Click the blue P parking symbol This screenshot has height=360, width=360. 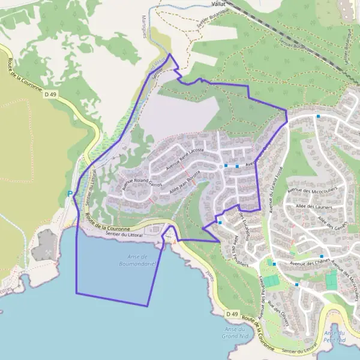coord(70,194)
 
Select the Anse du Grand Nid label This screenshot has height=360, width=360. coord(233,332)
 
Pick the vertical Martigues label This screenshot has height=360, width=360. coord(145,27)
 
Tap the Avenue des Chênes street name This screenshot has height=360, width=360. coord(311,262)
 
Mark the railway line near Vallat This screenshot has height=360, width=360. coord(276,30)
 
